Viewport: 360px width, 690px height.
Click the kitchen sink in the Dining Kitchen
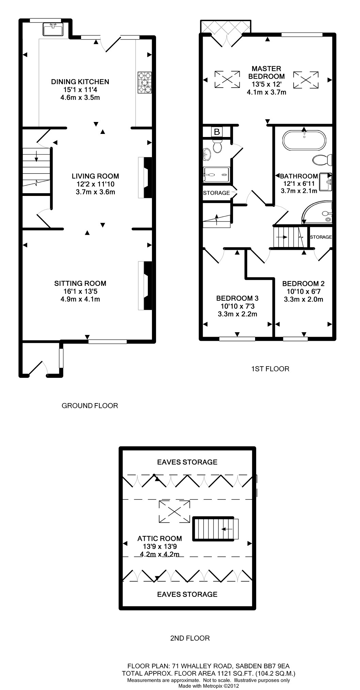click(53, 29)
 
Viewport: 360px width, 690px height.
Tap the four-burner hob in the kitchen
click(145, 82)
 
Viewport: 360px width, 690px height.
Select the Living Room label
click(95, 176)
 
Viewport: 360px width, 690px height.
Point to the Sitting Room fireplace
click(145, 286)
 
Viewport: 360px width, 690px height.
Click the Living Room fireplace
click(145, 177)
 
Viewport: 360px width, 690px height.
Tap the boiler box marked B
click(217, 132)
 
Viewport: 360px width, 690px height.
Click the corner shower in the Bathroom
click(317, 212)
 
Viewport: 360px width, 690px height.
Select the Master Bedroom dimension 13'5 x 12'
click(267, 84)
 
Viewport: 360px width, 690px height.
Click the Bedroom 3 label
click(237, 298)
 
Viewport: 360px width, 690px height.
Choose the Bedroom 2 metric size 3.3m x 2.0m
click(303, 300)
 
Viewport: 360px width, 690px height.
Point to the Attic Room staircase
click(216, 529)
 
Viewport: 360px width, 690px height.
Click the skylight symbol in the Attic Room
click(174, 511)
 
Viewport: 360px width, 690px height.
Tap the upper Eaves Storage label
click(187, 462)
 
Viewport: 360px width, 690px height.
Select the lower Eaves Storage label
click(187, 594)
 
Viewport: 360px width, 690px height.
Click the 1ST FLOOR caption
click(270, 369)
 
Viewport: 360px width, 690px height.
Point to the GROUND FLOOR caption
click(90, 405)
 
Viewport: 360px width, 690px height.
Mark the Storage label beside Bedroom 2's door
click(321, 237)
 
